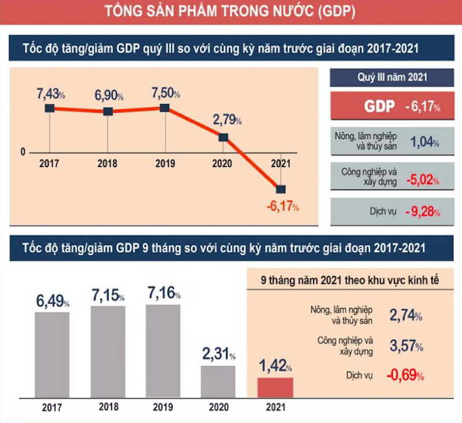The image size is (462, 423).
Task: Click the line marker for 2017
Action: coord(50,108)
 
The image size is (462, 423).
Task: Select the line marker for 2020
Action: coord(223,137)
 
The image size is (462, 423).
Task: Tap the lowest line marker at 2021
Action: coord(281,189)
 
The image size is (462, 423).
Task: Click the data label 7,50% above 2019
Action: coord(165,93)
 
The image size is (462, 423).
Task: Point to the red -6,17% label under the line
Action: coord(282,205)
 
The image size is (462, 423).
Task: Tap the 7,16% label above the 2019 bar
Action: coord(165,293)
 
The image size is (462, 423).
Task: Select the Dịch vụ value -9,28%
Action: coord(422,211)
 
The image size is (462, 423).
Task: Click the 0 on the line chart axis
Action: coord(23,153)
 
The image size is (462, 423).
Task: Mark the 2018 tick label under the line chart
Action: coord(107,164)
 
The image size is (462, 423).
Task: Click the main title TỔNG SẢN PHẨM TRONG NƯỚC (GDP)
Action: coord(231,12)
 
